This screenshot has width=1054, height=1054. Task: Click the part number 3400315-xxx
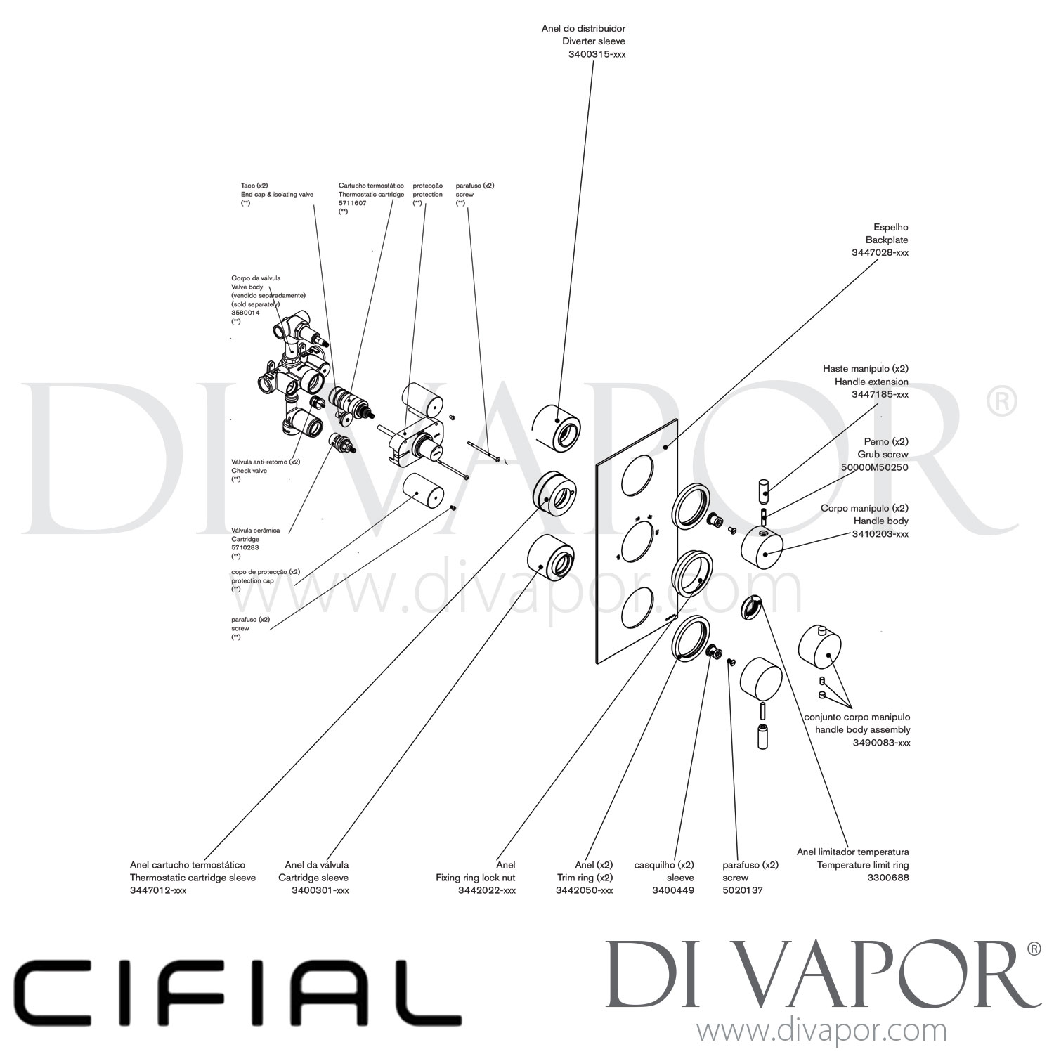[x=597, y=54]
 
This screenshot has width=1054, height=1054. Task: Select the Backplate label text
[x=887, y=240]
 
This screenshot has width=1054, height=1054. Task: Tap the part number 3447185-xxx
[x=880, y=394]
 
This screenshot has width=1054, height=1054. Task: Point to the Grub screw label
[x=883, y=455]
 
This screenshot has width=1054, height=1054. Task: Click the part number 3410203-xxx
[x=880, y=534]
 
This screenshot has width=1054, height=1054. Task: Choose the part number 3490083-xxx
[x=881, y=743]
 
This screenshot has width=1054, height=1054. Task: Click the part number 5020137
[x=742, y=890]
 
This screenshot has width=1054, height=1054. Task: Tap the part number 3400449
[x=673, y=890]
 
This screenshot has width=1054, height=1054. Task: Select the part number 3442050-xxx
[x=584, y=890]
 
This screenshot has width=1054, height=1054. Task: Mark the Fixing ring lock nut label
[x=475, y=878]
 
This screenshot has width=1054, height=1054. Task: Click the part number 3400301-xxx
[x=320, y=890]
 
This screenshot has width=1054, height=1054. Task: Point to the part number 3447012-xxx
[x=158, y=890]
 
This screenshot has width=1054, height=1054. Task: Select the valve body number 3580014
[x=245, y=313]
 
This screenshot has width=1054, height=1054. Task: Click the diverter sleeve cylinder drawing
[x=557, y=427]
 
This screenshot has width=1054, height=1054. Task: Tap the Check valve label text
[x=249, y=471]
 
